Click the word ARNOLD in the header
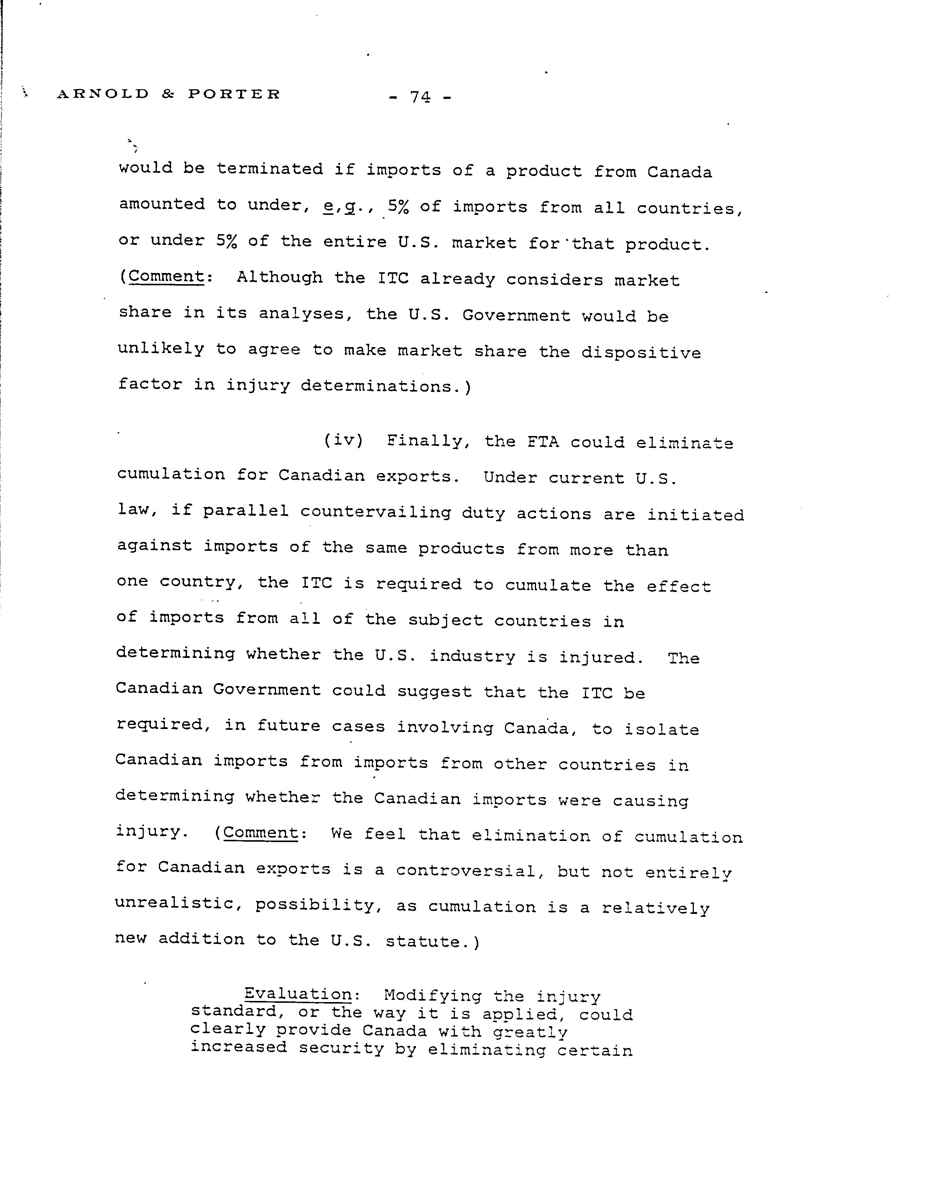pyautogui.click(x=103, y=94)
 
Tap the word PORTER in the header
pyautogui.click(x=234, y=94)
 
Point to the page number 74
pyautogui.click(x=420, y=97)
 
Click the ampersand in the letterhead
pyautogui.click(x=168, y=94)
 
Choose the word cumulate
pyautogui.click(x=548, y=585)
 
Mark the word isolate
pyautogui.click(x=661, y=729)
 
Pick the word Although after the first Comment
pyautogui.click(x=279, y=278)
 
